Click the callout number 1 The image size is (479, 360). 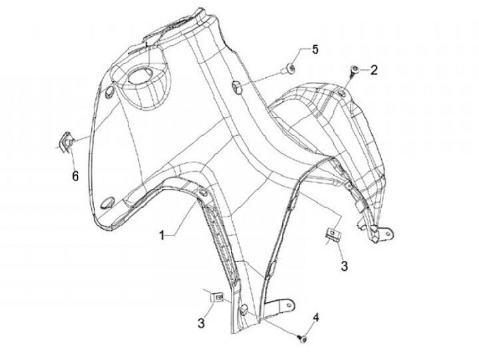[x=162, y=235]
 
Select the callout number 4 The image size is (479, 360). [x=316, y=317]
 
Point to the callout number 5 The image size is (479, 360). [x=315, y=49]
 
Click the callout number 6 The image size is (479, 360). [x=75, y=176]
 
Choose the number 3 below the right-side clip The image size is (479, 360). [x=343, y=266]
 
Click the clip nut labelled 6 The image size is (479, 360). [x=66, y=141]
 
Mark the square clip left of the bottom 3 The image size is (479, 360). [x=217, y=297]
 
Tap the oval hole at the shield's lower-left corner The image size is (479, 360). [x=106, y=203]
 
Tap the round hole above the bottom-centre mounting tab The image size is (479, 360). [x=245, y=307]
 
